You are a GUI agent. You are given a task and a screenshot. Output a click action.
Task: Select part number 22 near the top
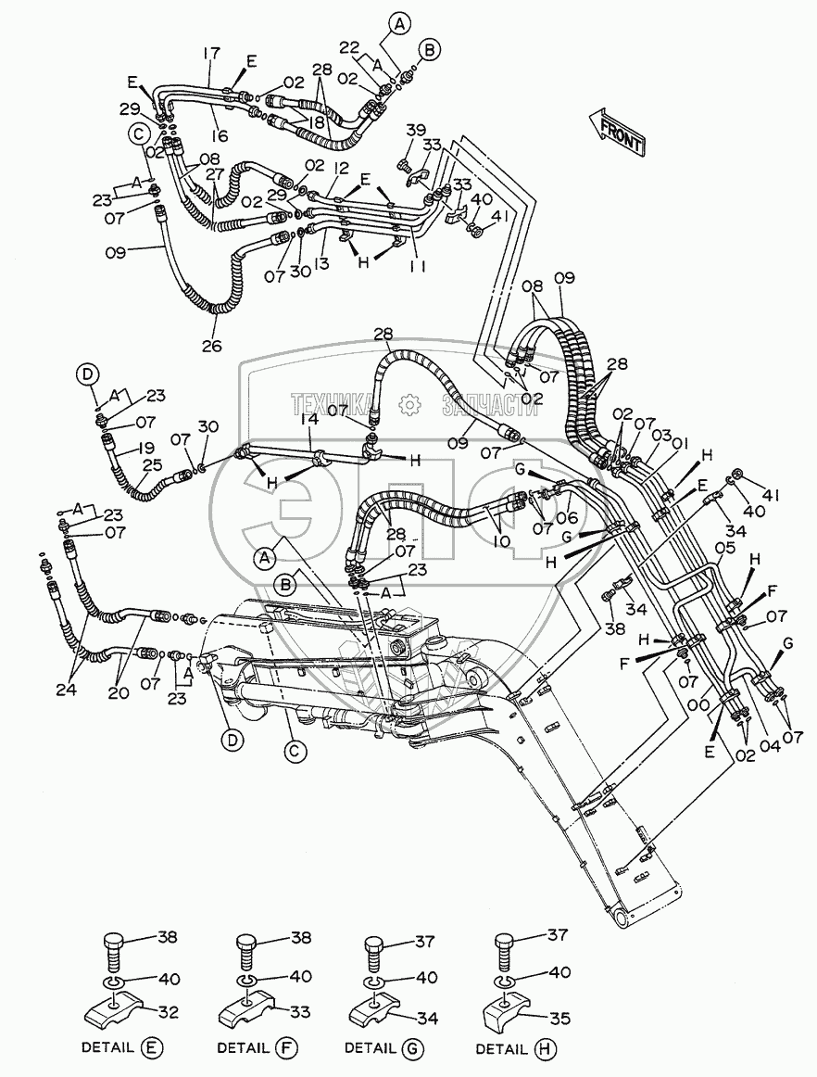coord(349,47)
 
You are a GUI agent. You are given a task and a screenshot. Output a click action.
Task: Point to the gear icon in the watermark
coord(407,403)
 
